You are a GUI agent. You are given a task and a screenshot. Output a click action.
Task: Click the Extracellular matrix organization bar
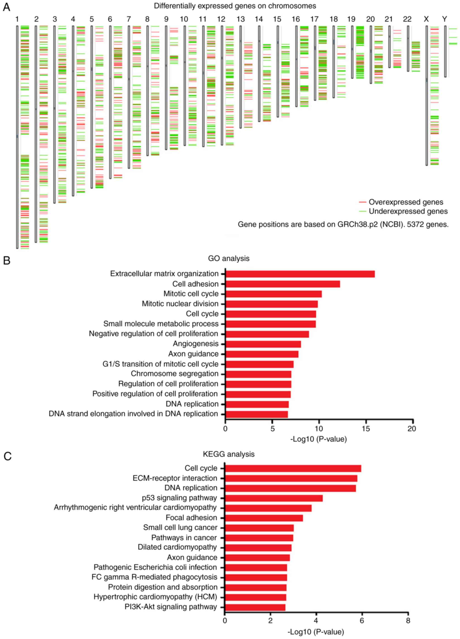(300, 274)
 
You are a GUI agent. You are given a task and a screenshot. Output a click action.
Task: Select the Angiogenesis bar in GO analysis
(263, 344)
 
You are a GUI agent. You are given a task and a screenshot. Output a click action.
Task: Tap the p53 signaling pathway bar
(274, 498)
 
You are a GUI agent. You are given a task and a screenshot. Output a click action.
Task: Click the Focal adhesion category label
(191, 517)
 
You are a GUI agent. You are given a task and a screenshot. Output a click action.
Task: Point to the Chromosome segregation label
(175, 374)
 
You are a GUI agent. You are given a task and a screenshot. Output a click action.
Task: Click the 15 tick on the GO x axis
(366, 429)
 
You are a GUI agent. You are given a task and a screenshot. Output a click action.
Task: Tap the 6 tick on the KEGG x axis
(362, 620)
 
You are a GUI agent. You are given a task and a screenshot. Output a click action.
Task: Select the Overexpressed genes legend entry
(406, 202)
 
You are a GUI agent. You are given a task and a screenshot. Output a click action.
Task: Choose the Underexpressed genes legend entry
(408, 211)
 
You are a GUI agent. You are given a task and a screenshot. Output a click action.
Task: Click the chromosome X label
(426, 19)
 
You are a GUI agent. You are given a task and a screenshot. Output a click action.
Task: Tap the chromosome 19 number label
(351, 19)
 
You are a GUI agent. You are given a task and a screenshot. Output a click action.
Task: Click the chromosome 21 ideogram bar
(389, 47)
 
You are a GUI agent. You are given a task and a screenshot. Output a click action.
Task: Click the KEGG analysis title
(228, 454)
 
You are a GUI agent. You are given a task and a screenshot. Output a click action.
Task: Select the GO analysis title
(228, 258)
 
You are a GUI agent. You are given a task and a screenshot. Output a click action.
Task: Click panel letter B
(7, 261)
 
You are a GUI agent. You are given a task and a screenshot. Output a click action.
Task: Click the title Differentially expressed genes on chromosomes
(235, 6)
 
